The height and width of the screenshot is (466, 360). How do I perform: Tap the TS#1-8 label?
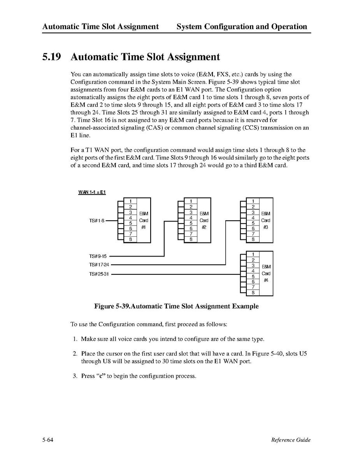(96, 221)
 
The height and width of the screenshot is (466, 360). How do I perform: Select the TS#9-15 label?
(97, 256)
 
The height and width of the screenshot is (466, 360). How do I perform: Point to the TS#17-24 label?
(98, 265)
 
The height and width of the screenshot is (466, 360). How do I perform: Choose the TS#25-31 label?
(98, 274)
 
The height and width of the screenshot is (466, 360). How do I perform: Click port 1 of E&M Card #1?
(130, 201)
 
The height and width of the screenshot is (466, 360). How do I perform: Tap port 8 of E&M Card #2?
(191, 239)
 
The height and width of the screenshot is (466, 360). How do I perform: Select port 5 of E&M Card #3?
(253, 223)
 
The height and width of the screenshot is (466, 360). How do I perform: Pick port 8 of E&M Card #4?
(253, 292)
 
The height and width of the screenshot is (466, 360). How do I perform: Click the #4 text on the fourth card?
(266, 280)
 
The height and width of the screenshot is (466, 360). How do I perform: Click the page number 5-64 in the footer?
(48, 440)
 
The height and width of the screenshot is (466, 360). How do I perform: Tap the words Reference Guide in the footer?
(291, 440)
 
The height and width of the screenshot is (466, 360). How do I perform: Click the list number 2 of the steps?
(75, 354)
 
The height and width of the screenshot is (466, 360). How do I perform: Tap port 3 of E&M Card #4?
(253, 265)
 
